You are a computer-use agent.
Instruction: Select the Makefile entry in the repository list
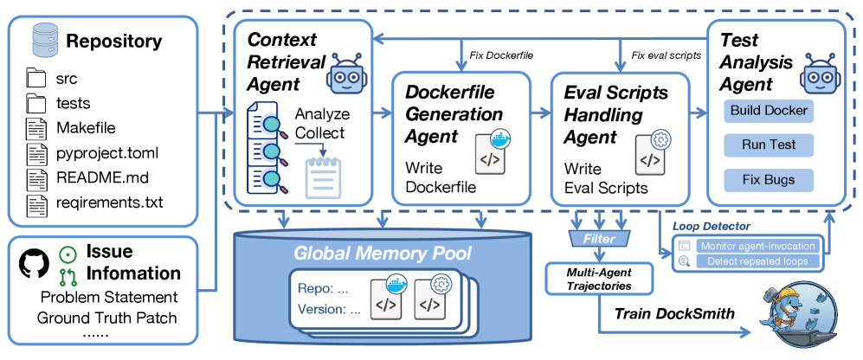84,127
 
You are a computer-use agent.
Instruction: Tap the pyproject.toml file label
108,153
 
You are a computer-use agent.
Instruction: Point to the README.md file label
97,179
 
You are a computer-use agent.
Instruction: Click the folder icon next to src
35,79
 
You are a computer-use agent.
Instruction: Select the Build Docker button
769,110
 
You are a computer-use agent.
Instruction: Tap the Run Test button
769,146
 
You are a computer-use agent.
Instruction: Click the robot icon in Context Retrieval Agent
347,77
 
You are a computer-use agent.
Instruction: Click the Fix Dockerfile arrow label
501,55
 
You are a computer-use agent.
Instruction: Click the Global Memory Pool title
383,254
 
